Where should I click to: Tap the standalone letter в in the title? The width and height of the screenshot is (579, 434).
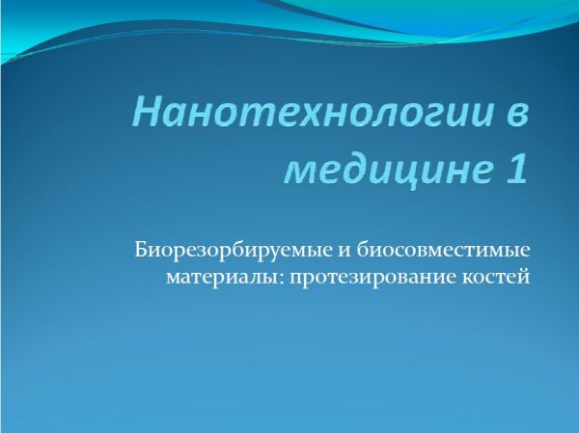(x=515, y=115)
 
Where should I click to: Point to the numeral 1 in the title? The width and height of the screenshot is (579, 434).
(x=516, y=168)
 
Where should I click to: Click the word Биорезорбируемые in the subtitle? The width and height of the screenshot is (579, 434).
(x=233, y=251)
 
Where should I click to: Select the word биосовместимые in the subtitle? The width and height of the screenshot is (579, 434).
(x=443, y=250)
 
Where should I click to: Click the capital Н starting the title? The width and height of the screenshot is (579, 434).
(x=148, y=111)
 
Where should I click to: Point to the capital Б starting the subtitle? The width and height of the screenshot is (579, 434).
(x=141, y=250)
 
